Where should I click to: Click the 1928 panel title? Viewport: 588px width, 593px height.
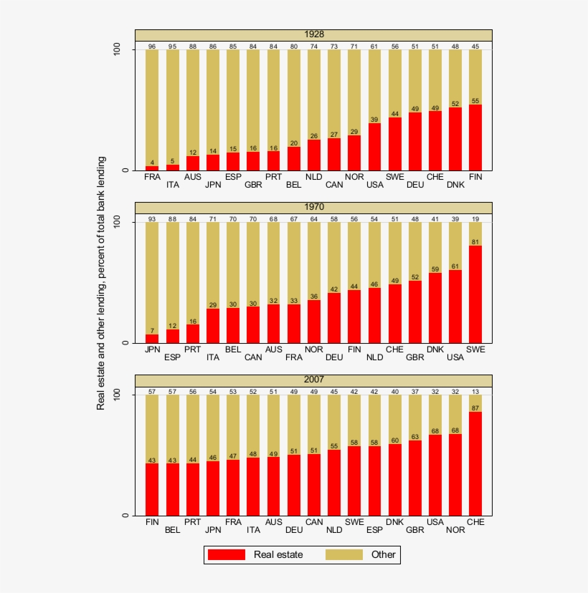(313, 35)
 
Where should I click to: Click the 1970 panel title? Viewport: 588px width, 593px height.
(313, 208)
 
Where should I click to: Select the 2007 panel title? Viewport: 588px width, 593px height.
(313, 380)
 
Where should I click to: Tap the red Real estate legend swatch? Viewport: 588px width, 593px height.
(226, 554)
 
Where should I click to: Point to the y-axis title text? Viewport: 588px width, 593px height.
(101, 283)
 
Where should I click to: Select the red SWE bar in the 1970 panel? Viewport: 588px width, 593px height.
(475, 294)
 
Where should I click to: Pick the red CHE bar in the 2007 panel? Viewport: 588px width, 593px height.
(475, 463)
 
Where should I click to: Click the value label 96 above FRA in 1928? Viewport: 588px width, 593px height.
(152, 47)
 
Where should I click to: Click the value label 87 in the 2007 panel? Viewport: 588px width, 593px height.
(475, 408)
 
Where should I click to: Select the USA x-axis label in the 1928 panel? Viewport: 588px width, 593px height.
(375, 184)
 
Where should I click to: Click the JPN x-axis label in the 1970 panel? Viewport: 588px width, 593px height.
(152, 349)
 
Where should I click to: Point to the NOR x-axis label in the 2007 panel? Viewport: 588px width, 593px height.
(455, 531)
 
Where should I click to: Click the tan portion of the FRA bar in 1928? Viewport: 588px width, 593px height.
(152, 107)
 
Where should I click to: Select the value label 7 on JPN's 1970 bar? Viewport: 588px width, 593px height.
(152, 330)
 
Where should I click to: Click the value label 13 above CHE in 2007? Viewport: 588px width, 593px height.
(475, 392)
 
